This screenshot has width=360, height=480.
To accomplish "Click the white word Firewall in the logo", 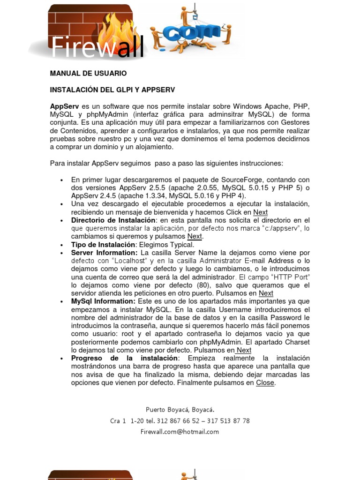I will (97, 48).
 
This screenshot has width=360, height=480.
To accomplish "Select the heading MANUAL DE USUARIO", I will (88, 74).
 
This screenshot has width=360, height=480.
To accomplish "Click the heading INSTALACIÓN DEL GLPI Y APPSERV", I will (112, 90).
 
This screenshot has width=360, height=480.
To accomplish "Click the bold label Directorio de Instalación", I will (113, 220).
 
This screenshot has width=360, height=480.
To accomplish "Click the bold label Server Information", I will (104, 253).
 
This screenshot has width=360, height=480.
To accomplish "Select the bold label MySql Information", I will (103, 301).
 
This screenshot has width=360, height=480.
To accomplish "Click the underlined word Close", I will (265, 382).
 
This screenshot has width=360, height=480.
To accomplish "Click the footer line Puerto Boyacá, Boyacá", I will (180, 409).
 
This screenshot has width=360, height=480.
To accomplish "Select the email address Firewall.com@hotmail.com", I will (180, 432).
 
